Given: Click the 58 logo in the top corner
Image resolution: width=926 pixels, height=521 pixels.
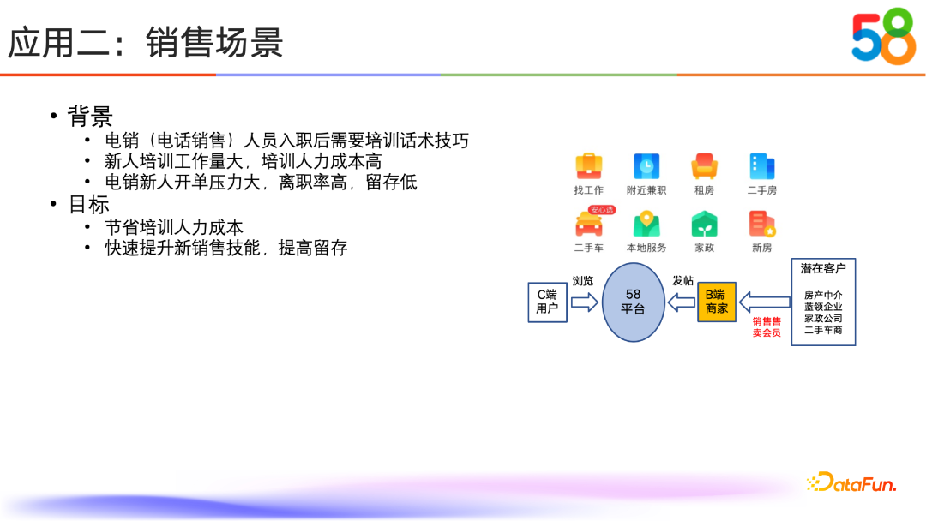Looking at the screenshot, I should pyautogui.click(x=883, y=36).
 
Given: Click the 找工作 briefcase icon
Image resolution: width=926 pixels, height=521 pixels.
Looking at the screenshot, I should pyautogui.click(x=588, y=166).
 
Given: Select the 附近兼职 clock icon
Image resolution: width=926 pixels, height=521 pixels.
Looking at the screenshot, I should pyautogui.click(x=646, y=166).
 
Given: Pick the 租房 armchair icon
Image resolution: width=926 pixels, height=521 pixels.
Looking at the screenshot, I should pyautogui.click(x=704, y=166).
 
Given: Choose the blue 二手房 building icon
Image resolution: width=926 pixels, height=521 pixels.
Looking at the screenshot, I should pyautogui.click(x=761, y=166).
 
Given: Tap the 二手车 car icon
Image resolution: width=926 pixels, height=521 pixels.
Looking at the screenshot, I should pyautogui.click(x=588, y=223).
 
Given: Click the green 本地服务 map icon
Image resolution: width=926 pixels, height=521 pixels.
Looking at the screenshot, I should pyautogui.click(x=646, y=224).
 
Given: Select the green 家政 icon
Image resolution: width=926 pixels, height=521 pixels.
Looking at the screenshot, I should pyautogui.click(x=704, y=224).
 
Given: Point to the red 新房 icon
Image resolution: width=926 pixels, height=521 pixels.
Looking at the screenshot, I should pyautogui.click(x=761, y=224).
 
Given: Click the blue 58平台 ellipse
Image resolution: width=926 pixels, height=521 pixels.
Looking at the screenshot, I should pyautogui.click(x=633, y=302).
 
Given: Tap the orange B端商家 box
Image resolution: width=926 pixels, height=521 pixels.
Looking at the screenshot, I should pyautogui.click(x=716, y=302).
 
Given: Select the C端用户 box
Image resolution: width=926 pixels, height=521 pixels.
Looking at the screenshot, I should pyautogui.click(x=547, y=302).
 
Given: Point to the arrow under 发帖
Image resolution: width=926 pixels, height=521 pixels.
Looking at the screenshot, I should pyautogui.click(x=682, y=302).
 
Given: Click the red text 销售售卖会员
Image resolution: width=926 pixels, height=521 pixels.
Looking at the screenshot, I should pyautogui.click(x=767, y=326).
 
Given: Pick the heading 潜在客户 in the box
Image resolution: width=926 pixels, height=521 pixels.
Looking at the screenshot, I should pyautogui.click(x=823, y=269).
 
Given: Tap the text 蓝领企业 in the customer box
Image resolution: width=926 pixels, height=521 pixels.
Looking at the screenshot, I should pyautogui.click(x=823, y=306).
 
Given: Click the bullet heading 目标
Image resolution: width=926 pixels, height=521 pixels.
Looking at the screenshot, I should pyautogui.click(x=89, y=205).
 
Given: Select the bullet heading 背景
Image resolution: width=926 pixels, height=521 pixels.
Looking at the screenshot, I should pyautogui.click(x=90, y=116).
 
